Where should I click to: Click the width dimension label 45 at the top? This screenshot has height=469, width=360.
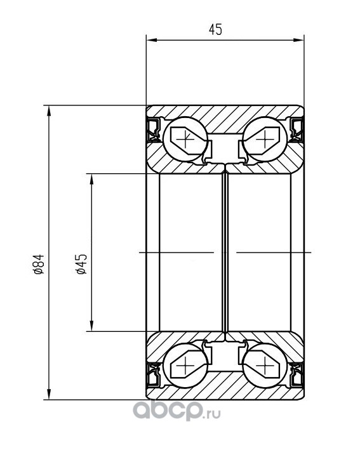(x=215, y=30)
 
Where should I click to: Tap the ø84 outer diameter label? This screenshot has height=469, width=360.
(x=39, y=264)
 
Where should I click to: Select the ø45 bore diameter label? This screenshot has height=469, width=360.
(x=81, y=264)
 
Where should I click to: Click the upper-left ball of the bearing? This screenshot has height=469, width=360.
(x=185, y=140)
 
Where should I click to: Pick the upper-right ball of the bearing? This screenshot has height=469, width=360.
(x=265, y=140)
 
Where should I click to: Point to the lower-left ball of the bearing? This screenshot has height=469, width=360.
(x=185, y=365)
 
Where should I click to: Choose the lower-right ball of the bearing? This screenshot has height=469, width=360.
(x=265, y=365)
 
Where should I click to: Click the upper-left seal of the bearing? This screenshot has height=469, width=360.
(x=154, y=130)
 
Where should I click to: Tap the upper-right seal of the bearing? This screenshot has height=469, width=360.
(x=297, y=130)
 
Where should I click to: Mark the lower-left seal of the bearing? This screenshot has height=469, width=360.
(x=154, y=375)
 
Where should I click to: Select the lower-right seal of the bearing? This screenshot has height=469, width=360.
(x=297, y=375)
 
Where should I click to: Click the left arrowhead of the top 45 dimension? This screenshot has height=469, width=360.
(x=151, y=40)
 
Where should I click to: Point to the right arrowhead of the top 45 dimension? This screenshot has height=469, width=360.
(x=298, y=40)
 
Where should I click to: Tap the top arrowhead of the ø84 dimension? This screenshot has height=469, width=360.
(x=49, y=110)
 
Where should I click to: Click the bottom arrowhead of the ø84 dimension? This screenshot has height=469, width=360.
(x=49, y=394)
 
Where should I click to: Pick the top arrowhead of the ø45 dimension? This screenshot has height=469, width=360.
(x=92, y=179)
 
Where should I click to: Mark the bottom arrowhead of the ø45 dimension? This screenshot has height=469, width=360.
(x=92, y=326)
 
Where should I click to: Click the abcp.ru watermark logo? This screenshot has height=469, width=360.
(x=177, y=411)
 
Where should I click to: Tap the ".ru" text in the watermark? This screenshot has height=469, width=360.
(x=213, y=414)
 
